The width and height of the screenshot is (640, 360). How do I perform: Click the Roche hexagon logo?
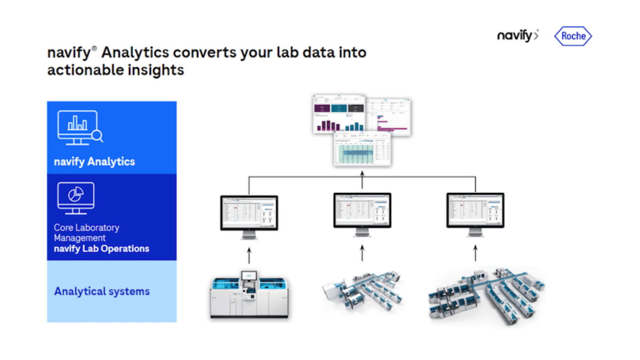point(573,36)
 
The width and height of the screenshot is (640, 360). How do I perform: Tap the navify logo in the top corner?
point(517,36)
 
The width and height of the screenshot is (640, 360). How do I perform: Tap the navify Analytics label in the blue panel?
point(94,162)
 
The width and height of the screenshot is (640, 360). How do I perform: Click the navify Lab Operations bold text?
point(101,249)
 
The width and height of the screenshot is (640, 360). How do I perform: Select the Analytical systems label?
point(102,291)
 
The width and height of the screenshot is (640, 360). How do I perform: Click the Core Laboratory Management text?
point(86,233)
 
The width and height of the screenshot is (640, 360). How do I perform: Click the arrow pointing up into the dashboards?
point(362,180)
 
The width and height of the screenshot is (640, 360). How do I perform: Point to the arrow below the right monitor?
point(475,253)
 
